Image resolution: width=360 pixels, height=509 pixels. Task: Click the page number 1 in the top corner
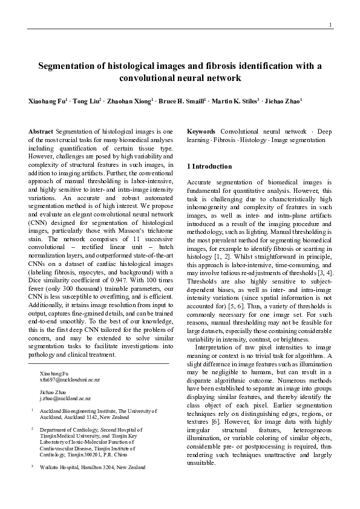click(330, 24)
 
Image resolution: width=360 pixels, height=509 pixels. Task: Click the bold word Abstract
click(41, 132)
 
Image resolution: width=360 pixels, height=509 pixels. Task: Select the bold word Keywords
click(201, 132)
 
